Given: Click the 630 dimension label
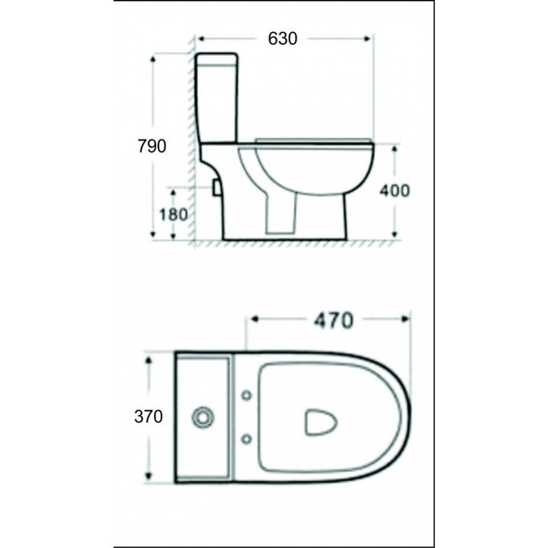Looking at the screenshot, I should (x=283, y=38).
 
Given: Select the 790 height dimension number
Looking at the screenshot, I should (x=151, y=145).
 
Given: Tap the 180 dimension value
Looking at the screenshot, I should (x=173, y=214).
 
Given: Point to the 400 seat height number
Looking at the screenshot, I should (x=395, y=190).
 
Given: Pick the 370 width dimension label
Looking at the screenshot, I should (x=149, y=416).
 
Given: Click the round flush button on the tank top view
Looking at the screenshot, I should (x=203, y=416).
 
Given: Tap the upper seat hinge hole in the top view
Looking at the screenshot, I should (x=247, y=396).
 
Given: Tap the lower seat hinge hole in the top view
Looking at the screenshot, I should (x=247, y=437).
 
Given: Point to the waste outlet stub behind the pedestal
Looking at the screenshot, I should (x=217, y=186).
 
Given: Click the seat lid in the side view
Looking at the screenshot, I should (x=314, y=142).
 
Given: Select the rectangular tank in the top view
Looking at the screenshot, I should (x=204, y=417).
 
